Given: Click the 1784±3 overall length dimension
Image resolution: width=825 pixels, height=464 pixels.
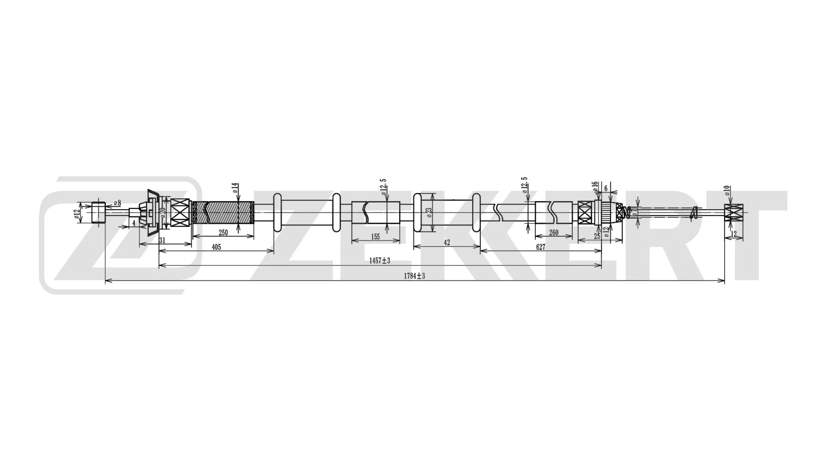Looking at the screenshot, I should pos(414,276).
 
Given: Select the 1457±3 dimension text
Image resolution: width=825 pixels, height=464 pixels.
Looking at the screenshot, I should pos(379,261).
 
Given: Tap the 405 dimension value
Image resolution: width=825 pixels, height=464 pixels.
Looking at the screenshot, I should pos(216,247).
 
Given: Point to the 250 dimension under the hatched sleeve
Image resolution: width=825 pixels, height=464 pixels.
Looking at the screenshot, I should pos(223,233).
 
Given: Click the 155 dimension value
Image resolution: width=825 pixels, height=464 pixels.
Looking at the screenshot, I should pos(375,237).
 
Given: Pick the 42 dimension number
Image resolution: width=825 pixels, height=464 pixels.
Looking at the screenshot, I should pos(446,243).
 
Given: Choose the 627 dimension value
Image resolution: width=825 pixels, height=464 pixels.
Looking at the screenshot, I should pos(540,247).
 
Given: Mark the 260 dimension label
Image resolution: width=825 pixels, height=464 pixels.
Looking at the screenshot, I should pos(553,233).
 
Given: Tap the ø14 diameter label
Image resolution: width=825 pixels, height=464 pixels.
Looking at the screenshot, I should pos(235,188).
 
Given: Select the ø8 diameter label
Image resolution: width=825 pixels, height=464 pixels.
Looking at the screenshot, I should pos(117,203).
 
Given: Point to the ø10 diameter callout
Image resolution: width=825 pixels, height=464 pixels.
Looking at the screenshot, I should pos(727,190).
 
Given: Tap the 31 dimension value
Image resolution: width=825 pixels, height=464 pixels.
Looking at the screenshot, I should pos(162,241).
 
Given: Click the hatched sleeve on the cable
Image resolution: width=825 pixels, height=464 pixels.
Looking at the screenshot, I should pos(223,212).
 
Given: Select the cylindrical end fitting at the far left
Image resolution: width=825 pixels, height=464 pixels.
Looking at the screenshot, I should pos(98,212).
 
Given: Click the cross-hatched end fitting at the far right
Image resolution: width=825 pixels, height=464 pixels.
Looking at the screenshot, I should pos(733,212).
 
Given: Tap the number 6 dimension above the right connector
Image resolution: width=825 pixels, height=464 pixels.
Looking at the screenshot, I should pos(606,189).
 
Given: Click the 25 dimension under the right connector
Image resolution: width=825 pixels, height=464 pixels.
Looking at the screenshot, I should pos(596,236).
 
